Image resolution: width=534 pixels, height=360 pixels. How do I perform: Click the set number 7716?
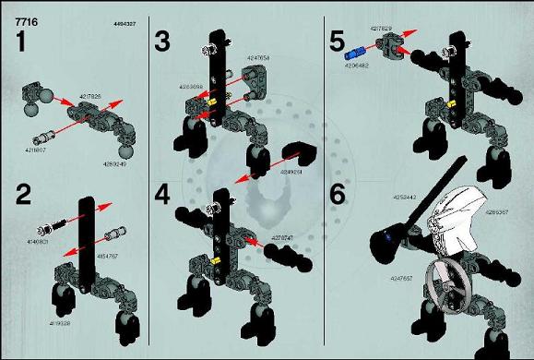click(16, 7)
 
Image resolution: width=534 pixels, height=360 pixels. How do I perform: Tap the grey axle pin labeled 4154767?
click(116, 232)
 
